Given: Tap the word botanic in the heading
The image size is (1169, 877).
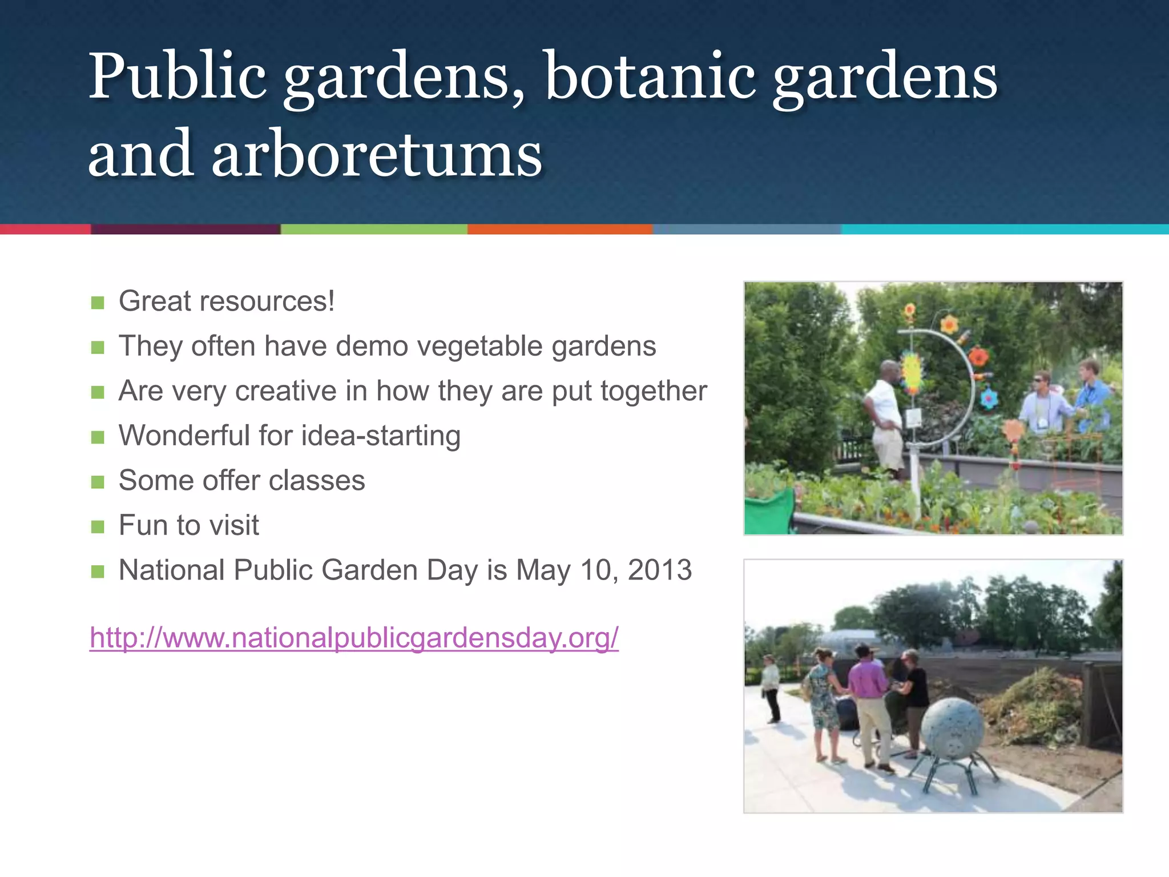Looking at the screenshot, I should click(x=651, y=77).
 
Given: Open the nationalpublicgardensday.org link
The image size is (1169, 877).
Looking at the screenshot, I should click(x=354, y=638).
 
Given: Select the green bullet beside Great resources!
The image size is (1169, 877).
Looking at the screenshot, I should click(x=98, y=303).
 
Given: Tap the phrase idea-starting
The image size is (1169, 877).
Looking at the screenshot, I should click(x=381, y=436).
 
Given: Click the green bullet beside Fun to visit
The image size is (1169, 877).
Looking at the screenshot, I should click(x=98, y=526).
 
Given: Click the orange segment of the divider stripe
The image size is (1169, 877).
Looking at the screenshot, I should click(x=559, y=229).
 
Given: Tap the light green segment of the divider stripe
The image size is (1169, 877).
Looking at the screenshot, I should click(x=374, y=229).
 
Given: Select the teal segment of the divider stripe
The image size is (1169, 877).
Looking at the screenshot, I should click(x=1005, y=229).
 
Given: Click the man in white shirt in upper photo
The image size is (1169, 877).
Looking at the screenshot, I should click(x=885, y=417).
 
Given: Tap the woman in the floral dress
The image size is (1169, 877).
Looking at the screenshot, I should click(x=822, y=702).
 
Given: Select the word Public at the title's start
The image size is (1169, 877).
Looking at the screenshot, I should click(x=177, y=77).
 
